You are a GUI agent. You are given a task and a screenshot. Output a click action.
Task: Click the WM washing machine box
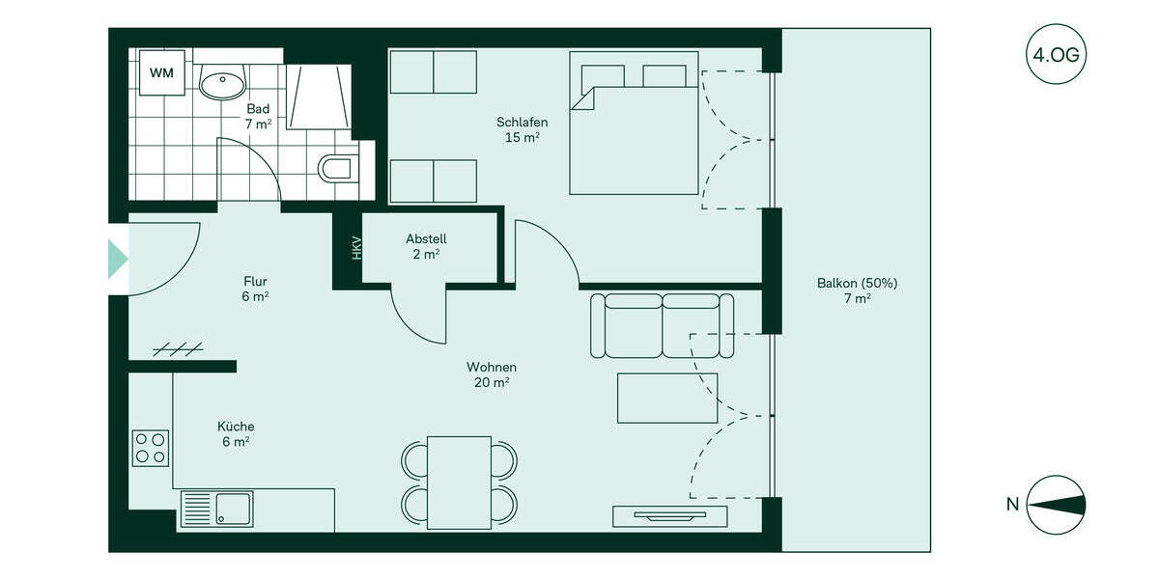pos(162,72)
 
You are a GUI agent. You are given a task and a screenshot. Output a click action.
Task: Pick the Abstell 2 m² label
pos(426,246)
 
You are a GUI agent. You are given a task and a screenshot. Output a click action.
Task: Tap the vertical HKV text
pos(356,248)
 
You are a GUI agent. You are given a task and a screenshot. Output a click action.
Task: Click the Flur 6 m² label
pos(255,289)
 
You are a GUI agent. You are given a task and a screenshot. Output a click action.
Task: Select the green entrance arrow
pos(117,259)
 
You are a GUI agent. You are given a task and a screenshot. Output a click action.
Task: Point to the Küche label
pos(236,433)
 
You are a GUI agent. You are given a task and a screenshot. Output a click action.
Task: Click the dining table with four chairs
pos(459,482)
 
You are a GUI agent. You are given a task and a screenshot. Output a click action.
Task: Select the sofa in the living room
pos(663,325)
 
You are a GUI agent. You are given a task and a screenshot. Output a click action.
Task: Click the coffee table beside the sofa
pos(667,398)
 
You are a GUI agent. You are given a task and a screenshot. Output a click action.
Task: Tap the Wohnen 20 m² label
pos(492,374)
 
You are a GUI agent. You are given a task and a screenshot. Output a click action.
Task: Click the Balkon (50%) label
pos(857,290)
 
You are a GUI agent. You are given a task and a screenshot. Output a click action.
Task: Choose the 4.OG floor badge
pos(1057,55)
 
